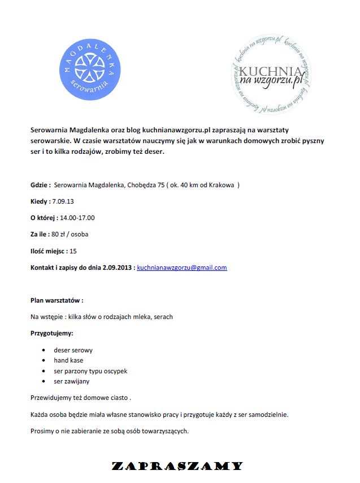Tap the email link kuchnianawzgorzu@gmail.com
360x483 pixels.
click(x=182, y=268)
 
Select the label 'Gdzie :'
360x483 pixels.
click(x=41, y=185)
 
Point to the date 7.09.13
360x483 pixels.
click(x=63, y=201)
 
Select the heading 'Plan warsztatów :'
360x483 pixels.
click(x=57, y=300)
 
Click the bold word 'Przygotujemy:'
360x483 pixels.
click(x=52, y=333)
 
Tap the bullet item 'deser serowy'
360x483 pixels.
click(x=73, y=350)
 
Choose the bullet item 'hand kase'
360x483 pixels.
click(x=68, y=360)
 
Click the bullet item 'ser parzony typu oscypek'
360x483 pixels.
click(x=90, y=371)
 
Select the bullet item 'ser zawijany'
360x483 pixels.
click(x=71, y=382)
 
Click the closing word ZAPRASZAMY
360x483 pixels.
click(x=177, y=467)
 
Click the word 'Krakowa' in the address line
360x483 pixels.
click(x=222, y=185)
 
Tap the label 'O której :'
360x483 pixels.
click(x=44, y=218)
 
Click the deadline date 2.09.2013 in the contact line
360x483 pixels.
click(x=118, y=268)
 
